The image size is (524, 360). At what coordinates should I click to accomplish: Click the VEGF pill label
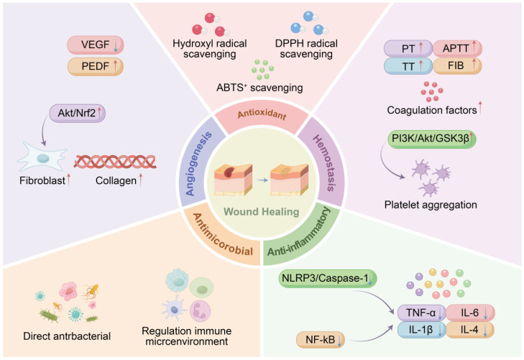(96, 45)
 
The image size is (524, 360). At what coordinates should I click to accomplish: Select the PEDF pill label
(96, 66)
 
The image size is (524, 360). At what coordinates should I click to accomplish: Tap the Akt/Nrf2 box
(78, 113)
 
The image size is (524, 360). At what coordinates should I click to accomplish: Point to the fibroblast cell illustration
(42, 157)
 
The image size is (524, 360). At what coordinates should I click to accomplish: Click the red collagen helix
(115, 162)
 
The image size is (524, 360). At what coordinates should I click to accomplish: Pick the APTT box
(457, 48)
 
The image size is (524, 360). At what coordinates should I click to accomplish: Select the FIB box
(457, 65)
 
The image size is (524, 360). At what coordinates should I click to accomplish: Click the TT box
(408, 66)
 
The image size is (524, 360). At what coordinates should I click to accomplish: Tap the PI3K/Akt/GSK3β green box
(431, 139)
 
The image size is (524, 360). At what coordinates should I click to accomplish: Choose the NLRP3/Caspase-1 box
(328, 279)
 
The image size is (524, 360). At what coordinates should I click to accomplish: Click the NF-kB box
(321, 340)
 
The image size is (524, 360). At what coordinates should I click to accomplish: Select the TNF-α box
(422, 313)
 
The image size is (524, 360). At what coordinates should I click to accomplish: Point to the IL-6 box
(471, 313)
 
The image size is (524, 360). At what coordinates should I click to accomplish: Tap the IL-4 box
(470, 330)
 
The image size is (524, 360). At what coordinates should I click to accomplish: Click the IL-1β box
(422, 330)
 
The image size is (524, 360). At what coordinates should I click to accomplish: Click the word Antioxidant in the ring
(262, 115)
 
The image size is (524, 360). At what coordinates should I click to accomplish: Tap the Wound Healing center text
(262, 212)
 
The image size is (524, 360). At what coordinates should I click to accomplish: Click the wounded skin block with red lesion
(234, 180)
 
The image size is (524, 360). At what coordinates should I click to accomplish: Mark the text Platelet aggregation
(431, 205)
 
